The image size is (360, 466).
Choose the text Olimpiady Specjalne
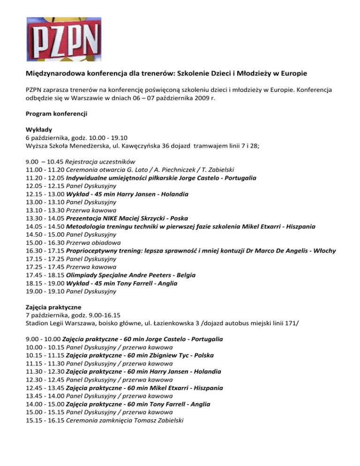click(x=99, y=275)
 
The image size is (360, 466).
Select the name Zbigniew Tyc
click(x=183, y=355)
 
